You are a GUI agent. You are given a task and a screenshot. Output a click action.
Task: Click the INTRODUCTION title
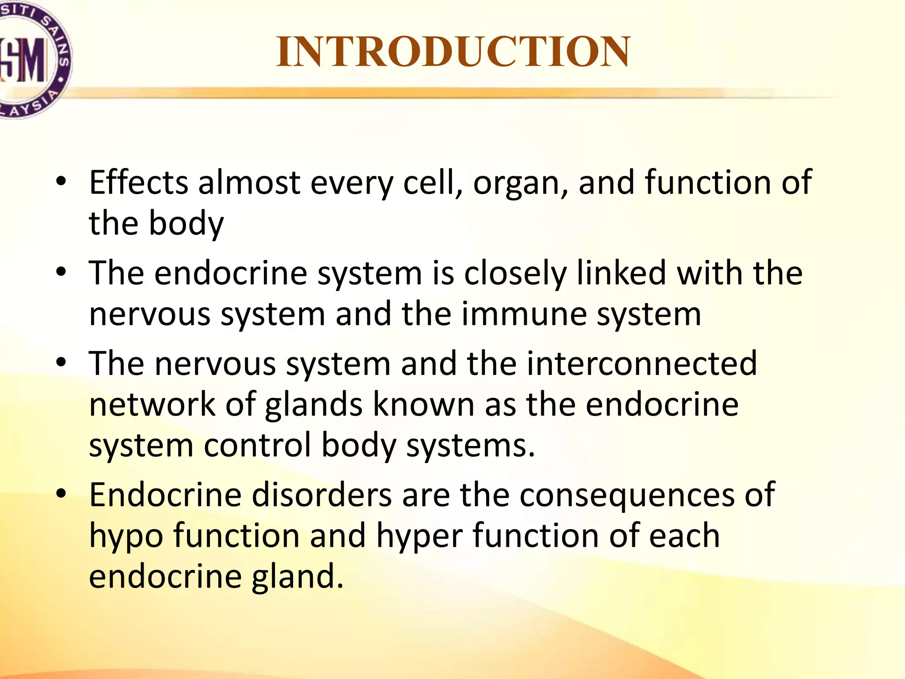click(453, 52)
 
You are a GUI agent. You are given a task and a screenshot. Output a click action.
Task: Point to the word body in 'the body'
click(186, 224)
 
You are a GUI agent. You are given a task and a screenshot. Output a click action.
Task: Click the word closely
click(515, 274)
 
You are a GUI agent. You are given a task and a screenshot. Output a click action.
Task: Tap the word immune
click(524, 314)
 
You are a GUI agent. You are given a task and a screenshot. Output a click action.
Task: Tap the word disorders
click(322, 495)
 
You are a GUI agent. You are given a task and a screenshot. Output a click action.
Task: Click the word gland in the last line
click(297, 577)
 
